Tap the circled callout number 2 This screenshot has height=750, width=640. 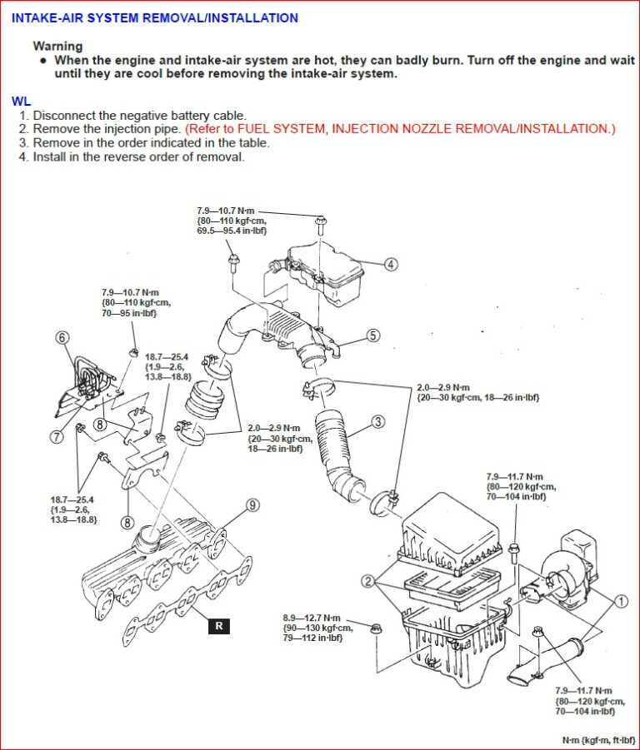[368, 580]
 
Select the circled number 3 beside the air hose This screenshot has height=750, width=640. [378, 422]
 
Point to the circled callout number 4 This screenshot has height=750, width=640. [391, 265]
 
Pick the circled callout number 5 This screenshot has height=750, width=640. [372, 335]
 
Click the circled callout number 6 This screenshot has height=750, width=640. [62, 337]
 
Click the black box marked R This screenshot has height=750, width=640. [218, 626]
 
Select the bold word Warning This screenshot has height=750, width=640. [57, 47]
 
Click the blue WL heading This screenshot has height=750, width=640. [21, 101]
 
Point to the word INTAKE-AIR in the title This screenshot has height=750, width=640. [47, 17]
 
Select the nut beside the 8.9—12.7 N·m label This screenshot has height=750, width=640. [375, 628]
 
